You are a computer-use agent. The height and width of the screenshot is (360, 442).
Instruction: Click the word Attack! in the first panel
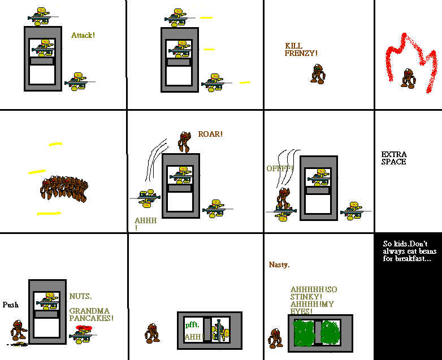coord(83,35)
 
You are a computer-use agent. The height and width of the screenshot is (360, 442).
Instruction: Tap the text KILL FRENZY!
coord(301,49)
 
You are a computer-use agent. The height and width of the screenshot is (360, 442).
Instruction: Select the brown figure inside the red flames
coord(408,78)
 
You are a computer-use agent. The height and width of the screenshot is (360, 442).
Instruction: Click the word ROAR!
coord(210,134)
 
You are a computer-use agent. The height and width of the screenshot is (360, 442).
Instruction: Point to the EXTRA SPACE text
coord(394,158)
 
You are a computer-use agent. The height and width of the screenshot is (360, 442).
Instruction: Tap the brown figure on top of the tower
coord(183,142)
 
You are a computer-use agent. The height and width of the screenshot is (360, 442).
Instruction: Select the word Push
coord(10,305)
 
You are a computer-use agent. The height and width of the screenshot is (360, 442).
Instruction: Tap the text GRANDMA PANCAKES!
coord(91,315)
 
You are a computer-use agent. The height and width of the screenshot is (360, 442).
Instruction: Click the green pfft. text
coord(192,325)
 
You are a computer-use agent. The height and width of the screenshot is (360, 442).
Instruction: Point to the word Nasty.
coord(279,264)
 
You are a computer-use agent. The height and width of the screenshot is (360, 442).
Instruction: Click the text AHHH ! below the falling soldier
coord(145,224)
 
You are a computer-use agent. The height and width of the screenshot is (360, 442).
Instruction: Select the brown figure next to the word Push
coord(19,331)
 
